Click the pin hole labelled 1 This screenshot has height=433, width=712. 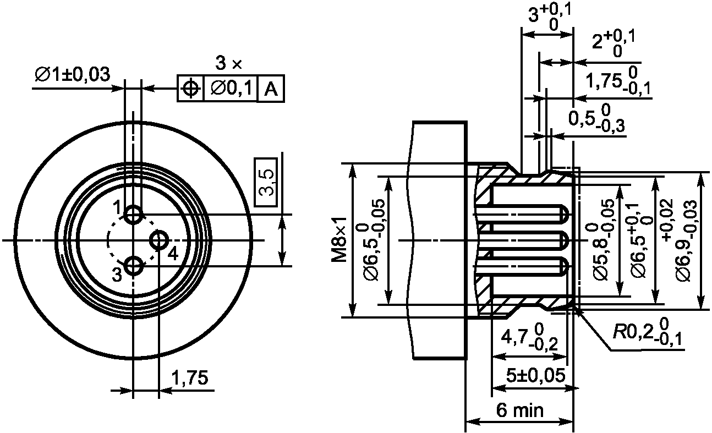point(133,215)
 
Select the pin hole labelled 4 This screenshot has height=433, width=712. point(159,240)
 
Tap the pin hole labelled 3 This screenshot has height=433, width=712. point(133,266)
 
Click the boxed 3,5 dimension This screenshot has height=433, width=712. point(266,182)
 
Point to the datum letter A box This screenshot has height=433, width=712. point(271,89)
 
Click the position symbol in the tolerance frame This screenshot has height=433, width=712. point(190,89)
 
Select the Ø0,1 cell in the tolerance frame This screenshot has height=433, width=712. point(231,89)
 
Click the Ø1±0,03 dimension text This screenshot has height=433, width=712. point(73,74)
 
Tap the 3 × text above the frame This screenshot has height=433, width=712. point(229,63)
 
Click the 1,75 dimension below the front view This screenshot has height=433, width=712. point(190,377)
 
